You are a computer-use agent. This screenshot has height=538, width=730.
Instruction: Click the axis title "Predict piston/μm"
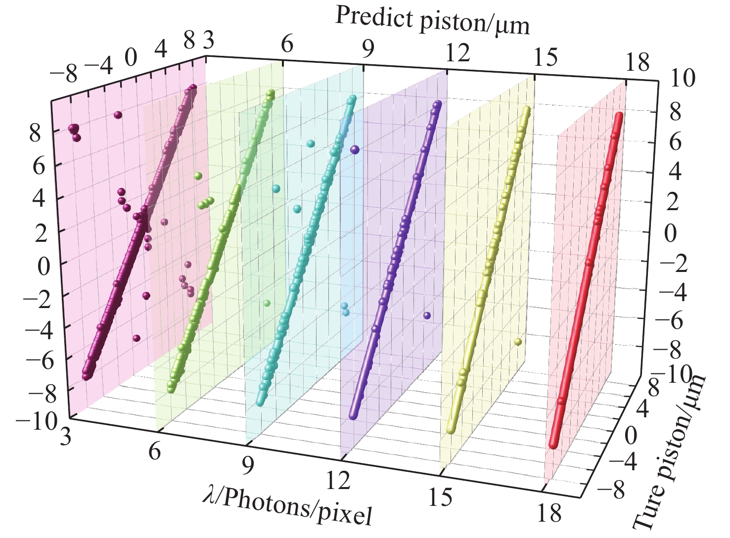pyautogui.click(x=432, y=21)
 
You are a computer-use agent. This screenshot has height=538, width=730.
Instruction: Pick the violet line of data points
pyautogui.click(x=396, y=257)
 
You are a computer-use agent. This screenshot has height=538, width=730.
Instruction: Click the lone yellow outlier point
pyautogui.click(x=518, y=341)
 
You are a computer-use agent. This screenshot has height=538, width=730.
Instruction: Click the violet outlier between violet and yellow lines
pyautogui.click(x=427, y=315)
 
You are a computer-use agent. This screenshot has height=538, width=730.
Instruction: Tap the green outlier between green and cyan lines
pyautogui.click(x=267, y=303)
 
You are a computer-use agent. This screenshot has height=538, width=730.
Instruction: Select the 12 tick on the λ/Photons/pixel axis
pyautogui.click(x=339, y=480)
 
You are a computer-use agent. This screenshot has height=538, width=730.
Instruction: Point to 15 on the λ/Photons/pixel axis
pyautogui.click(x=441, y=496)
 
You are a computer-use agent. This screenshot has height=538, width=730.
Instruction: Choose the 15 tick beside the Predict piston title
pyautogui.click(x=546, y=57)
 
